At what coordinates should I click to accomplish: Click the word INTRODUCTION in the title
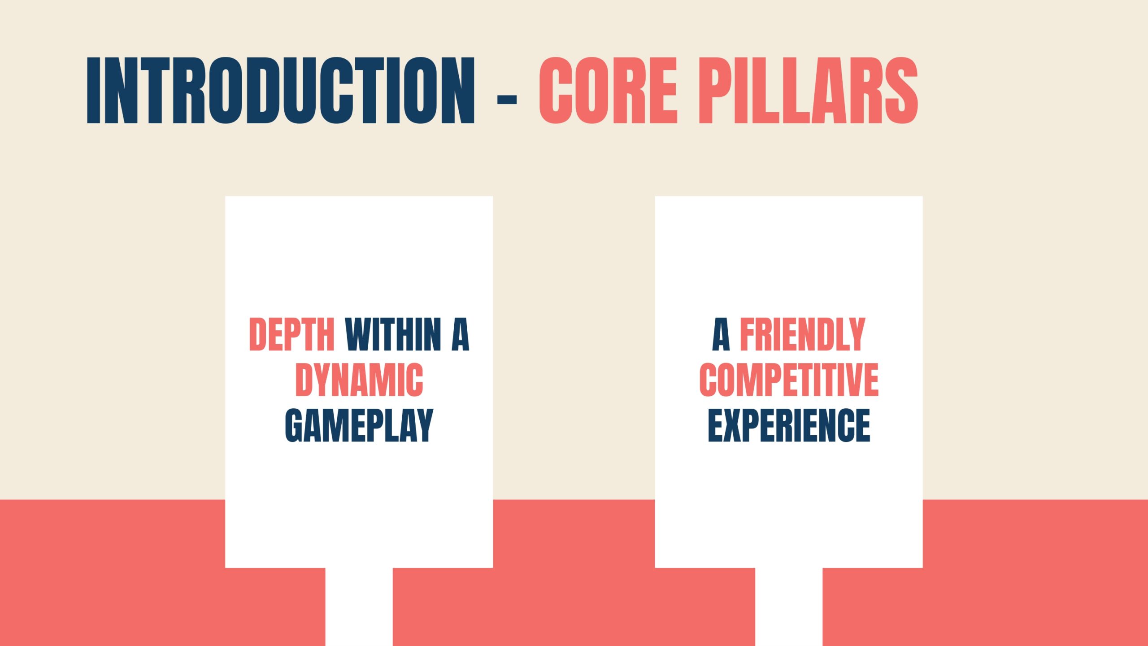tap(281, 90)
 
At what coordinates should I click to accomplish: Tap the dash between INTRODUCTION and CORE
tap(507, 99)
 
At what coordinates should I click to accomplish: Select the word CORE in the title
tap(608, 90)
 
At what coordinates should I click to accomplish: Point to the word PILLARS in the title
tap(808, 90)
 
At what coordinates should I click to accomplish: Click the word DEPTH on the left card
tap(292, 334)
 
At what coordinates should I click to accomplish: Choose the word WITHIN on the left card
tap(393, 334)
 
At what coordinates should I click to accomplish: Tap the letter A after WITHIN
tap(461, 334)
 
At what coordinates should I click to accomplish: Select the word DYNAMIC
tap(359, 380)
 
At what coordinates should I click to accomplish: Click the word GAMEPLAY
tap(359, 425)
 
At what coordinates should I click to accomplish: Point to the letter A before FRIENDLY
tap(721, 334)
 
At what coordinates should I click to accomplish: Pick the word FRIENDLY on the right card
tap(802, 334)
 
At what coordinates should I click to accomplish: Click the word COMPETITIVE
tap(789, 380)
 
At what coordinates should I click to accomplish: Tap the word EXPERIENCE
tap(789, 425)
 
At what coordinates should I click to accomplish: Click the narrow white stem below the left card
tap(359, 607)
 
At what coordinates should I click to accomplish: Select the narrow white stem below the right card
tap(789, 607)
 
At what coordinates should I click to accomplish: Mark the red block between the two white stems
tap(574, 607)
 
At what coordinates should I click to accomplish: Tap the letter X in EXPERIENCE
tap(732, 425)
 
